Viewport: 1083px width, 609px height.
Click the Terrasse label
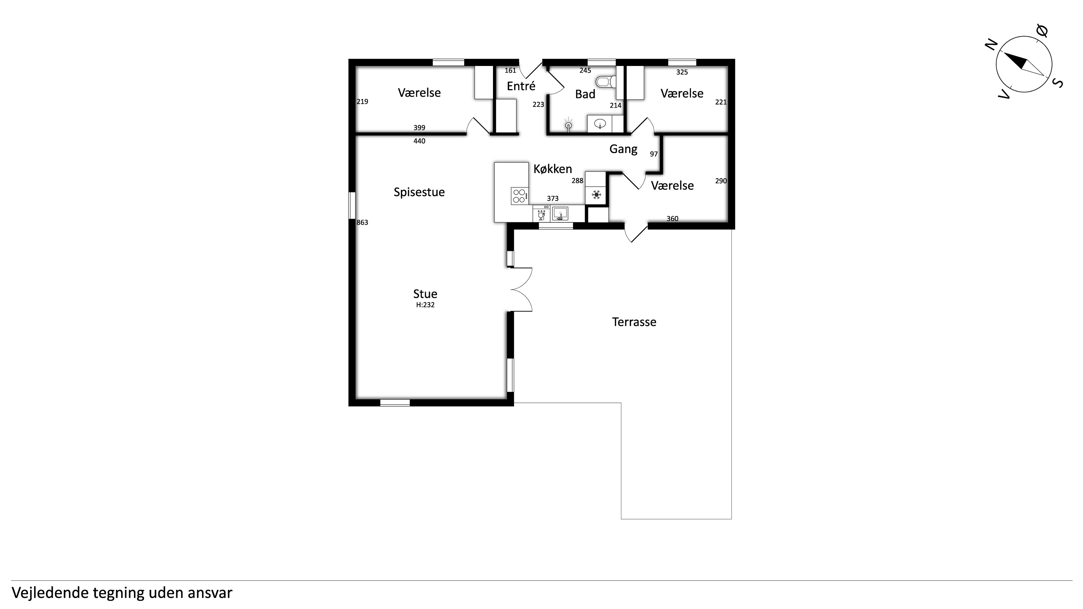(634, 322)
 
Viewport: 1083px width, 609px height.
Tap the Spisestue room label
(419, 192)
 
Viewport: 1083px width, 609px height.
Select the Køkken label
(552, 169)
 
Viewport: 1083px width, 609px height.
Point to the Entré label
(521, 86)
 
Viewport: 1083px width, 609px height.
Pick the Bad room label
(585, 94)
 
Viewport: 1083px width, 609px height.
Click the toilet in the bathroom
(606, 81)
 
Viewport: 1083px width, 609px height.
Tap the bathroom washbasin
(600, 123)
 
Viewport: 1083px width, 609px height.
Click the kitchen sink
(560, 213)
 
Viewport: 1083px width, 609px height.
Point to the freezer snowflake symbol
(596, 195)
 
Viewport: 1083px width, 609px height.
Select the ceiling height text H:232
(425, 305)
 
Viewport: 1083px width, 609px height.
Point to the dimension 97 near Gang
(654, 154)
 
